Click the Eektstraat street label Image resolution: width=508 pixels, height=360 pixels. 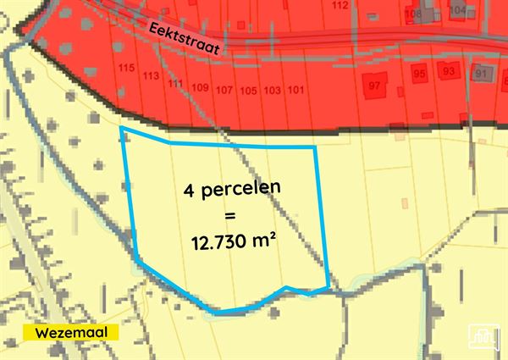184,38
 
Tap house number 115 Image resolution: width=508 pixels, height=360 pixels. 127,68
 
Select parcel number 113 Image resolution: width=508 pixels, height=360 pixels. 152,75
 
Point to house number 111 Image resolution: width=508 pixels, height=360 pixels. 175,82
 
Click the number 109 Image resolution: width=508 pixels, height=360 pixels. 201,87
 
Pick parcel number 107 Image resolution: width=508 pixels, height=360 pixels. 224,90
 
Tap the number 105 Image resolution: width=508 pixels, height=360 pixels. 248,90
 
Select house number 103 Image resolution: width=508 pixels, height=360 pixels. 272,90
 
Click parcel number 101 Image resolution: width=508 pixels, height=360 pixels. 296,90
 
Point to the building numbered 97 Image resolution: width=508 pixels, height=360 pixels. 374,86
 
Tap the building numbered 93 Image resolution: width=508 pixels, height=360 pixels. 449,70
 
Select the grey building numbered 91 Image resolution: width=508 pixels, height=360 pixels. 482,73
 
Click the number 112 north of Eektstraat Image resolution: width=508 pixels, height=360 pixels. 340,5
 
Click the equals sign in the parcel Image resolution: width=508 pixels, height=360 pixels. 230,216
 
